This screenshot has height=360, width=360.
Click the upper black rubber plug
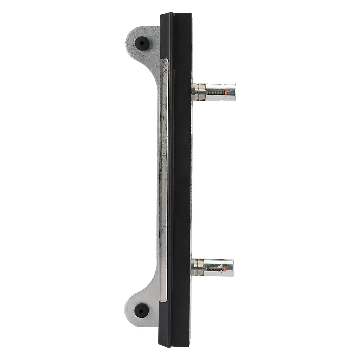[x=142, y=43]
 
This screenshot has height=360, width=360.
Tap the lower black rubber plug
[x=141, y=310]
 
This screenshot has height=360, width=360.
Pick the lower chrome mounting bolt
[x=212, y=268]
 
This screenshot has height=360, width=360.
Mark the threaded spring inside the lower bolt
[x=214, y=269]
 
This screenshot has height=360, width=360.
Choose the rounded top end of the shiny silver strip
[x=164, y=62]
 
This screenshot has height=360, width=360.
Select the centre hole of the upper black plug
[x=142, y=43]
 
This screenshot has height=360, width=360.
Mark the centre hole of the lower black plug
[x=141, y=310]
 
